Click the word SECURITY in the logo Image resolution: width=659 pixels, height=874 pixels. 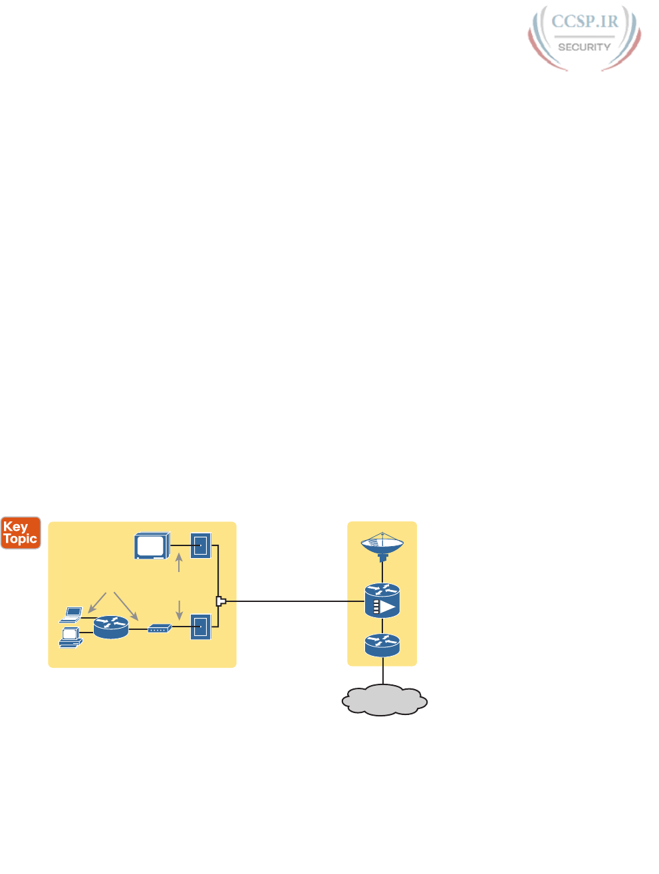584,47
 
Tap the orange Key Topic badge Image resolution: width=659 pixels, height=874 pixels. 21,533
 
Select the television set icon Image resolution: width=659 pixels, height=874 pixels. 152,545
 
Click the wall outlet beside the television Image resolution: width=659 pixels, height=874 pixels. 201,545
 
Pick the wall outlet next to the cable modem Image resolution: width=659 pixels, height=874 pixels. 201,627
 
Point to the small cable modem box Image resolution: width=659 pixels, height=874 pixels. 160,628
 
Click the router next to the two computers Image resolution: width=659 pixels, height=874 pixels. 110,627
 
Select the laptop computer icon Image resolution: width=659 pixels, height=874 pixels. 71,614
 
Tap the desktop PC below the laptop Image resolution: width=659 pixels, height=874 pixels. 70,637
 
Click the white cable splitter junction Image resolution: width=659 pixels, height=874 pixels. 221,601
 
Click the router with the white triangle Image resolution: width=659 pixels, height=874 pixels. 382,600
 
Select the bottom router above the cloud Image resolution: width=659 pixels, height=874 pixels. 382,645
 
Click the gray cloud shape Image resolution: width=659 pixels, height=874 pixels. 384,700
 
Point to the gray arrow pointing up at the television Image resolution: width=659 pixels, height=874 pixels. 179,563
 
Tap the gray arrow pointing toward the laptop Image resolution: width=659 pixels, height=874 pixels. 97,602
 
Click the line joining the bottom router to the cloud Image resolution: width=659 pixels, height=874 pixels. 383,671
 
